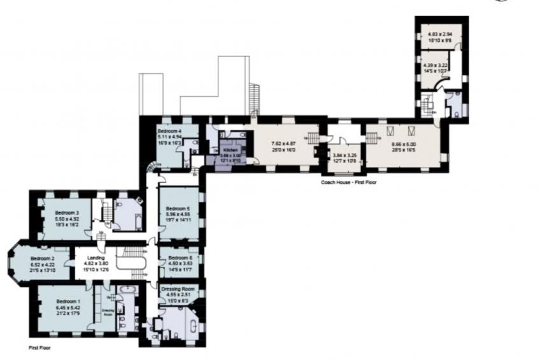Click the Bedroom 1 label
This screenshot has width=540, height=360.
click(x=68, y=301)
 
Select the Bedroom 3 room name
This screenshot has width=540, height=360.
click(x=66, y=213)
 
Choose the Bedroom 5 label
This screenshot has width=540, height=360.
click(x=178, y=208)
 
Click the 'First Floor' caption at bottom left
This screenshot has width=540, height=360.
click(x=39, y=349)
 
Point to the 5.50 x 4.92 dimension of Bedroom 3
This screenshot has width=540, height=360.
click(x=66, y=219)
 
